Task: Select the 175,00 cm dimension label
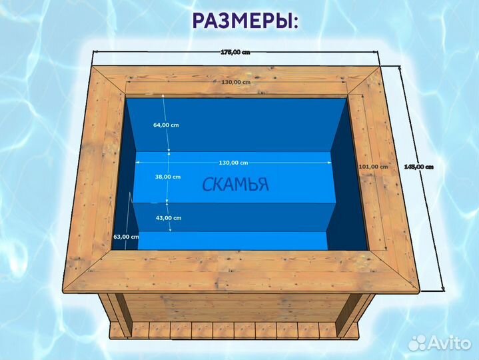tap(234, 53)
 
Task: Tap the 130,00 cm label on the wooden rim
tap(235, 82)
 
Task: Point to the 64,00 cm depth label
tap(166, 125)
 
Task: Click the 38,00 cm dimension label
tap(167, 177)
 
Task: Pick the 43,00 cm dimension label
tap(167, 218)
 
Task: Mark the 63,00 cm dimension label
tap(126, 237)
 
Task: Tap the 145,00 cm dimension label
tap(419, 167)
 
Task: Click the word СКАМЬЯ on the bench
tap(236, 185)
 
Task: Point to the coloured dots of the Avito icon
tap(418, 342)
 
